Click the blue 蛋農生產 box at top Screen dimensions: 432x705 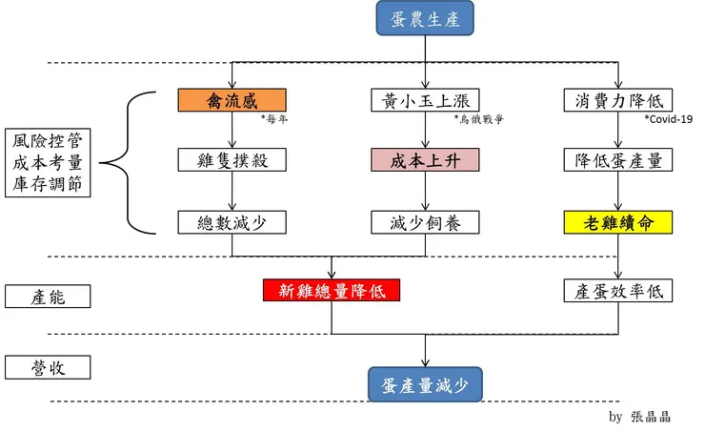[x=425, y=21]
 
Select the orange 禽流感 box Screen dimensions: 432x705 [x=232, y=100]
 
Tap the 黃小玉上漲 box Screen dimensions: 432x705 [x=425, y=100]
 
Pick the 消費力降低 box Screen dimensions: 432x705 [x=619, y=100]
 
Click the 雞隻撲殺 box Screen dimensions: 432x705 [x=232, y=160]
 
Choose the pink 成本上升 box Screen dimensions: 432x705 [x=425, y=160]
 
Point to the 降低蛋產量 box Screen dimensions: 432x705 [x=619, y=160]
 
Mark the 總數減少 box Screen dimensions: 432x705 [x=232, y=222]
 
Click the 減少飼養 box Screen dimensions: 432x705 [x=425, y=222]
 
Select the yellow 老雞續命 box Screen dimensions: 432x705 [x=619, y=222]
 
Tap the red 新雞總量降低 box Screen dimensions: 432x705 [x=332, y=291]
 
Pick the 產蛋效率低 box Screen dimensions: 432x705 [x=619, y=291]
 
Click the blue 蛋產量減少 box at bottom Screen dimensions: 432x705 [x=425, y=384]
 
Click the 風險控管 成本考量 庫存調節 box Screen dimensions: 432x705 [x=48, y=162]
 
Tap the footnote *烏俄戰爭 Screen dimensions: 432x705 [x=478, y=120]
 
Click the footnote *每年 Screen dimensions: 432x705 [x=274, y=120]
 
